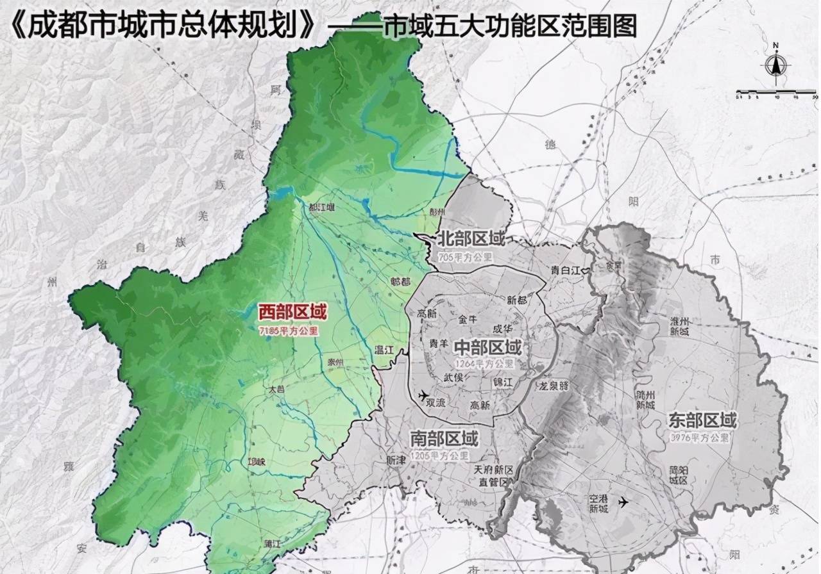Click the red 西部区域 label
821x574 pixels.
[x=292, y=313]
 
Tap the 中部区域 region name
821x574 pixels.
[x=488, y=348]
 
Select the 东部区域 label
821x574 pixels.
[x=702, y=421]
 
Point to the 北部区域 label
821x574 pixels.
[x=471, y=239]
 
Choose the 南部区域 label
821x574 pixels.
[x=444, y=439]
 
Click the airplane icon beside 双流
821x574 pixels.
[x=423, y=395]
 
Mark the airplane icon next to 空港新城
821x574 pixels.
[x=623, y=502]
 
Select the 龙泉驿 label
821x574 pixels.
[x=554, y=386]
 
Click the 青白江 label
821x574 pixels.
[x=564, y=270]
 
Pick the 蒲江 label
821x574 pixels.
[x=273, y=543]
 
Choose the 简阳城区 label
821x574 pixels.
[x=678, y=474]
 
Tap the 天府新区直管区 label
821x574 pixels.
[x=491, y=475]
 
